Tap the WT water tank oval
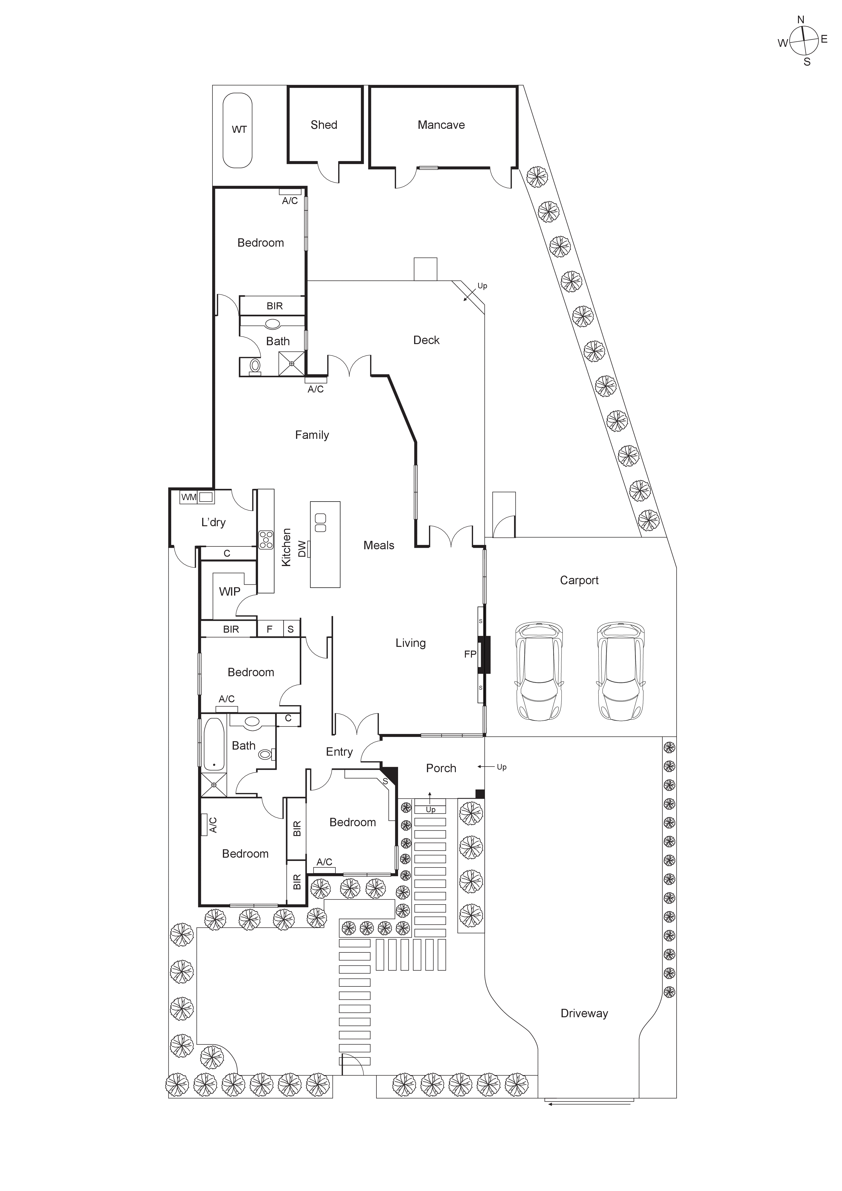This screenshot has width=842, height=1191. click(238, 130)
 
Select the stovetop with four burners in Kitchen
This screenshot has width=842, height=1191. click(266, 540)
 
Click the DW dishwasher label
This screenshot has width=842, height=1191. click(302, 549)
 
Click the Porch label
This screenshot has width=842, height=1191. click(441, 768)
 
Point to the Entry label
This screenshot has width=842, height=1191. click(339, 752)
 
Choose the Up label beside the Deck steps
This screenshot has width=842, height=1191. click(482, 286)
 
